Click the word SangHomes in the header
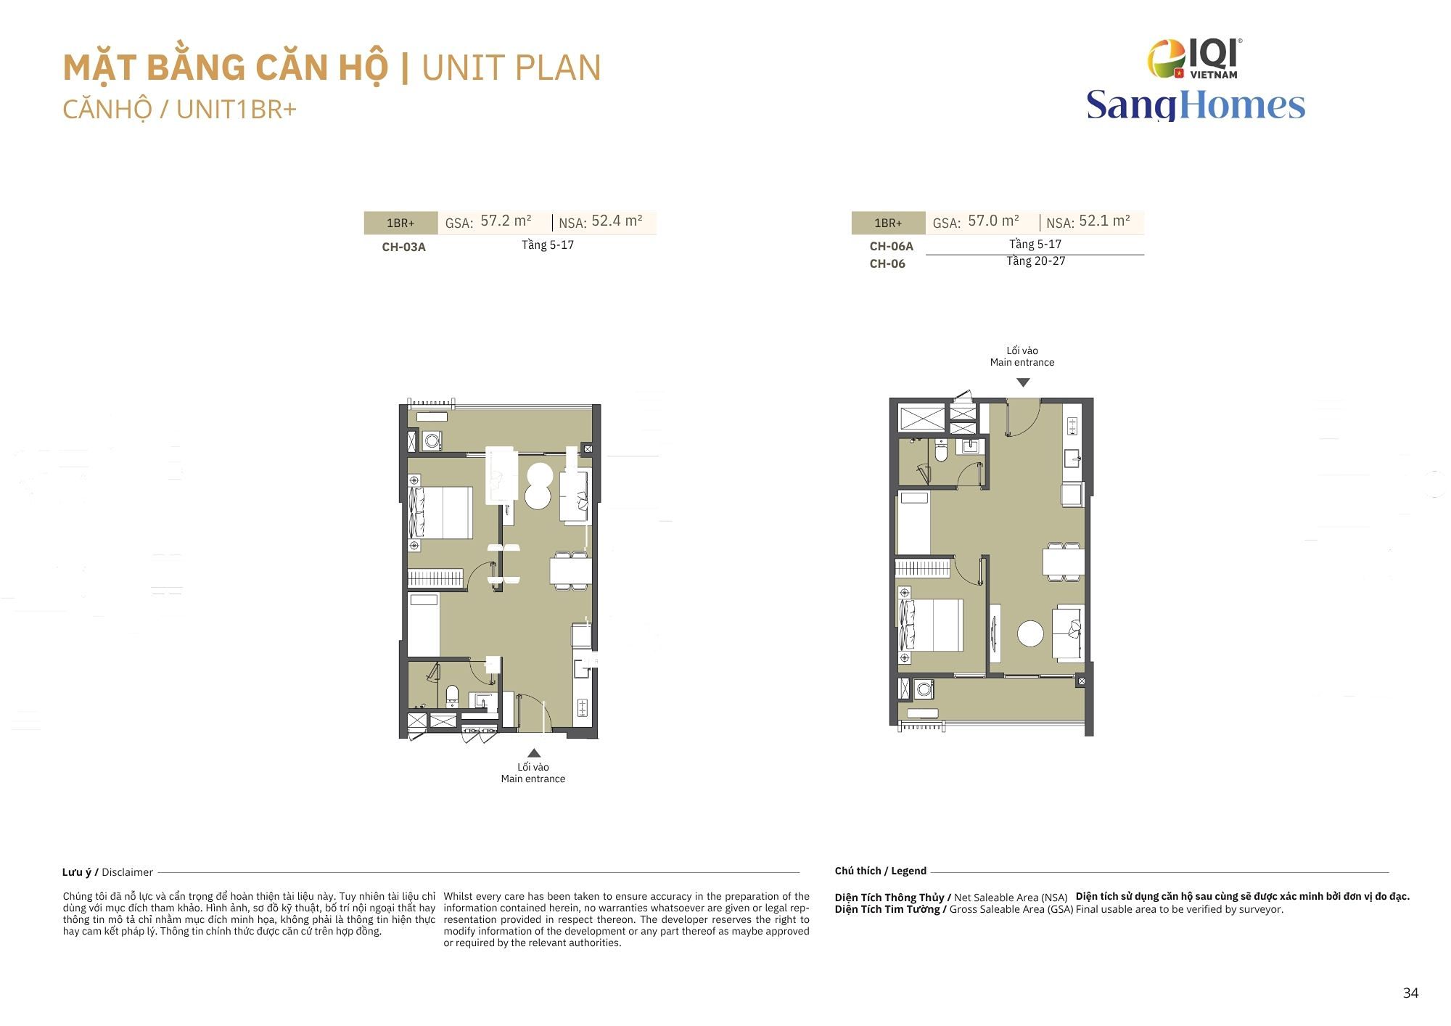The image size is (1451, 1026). (x=1196, y=104)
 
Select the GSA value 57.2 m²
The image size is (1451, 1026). (x=506, y=221)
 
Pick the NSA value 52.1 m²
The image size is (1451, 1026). (x=1104, y=221)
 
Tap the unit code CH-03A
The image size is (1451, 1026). (x=403, y=247)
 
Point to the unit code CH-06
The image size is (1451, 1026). (x=887, y=263)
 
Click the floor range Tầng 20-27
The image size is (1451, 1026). (x=1035, y=261)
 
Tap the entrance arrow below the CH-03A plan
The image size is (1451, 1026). (x=534, y=752)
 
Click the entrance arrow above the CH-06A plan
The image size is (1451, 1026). (x=1023, y=382)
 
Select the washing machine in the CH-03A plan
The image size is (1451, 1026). (x=432, y=440)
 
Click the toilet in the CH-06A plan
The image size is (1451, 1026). (x=941, y=451)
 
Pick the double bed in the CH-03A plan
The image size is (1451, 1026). (x=441, y=512)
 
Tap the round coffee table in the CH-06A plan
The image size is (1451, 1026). (x=1030, y=633)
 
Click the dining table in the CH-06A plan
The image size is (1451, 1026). (x=1064, y=561)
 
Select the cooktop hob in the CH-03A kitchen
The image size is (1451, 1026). (x=582, y=708)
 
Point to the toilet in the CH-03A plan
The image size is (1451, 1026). (x=452, y=696)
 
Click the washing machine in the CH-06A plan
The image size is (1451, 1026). (x=924, y=688)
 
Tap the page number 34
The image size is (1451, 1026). (x=1410, y=993)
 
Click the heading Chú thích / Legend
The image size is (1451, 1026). (x=881, y=871)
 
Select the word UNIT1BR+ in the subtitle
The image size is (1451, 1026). (x=237, y=109)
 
